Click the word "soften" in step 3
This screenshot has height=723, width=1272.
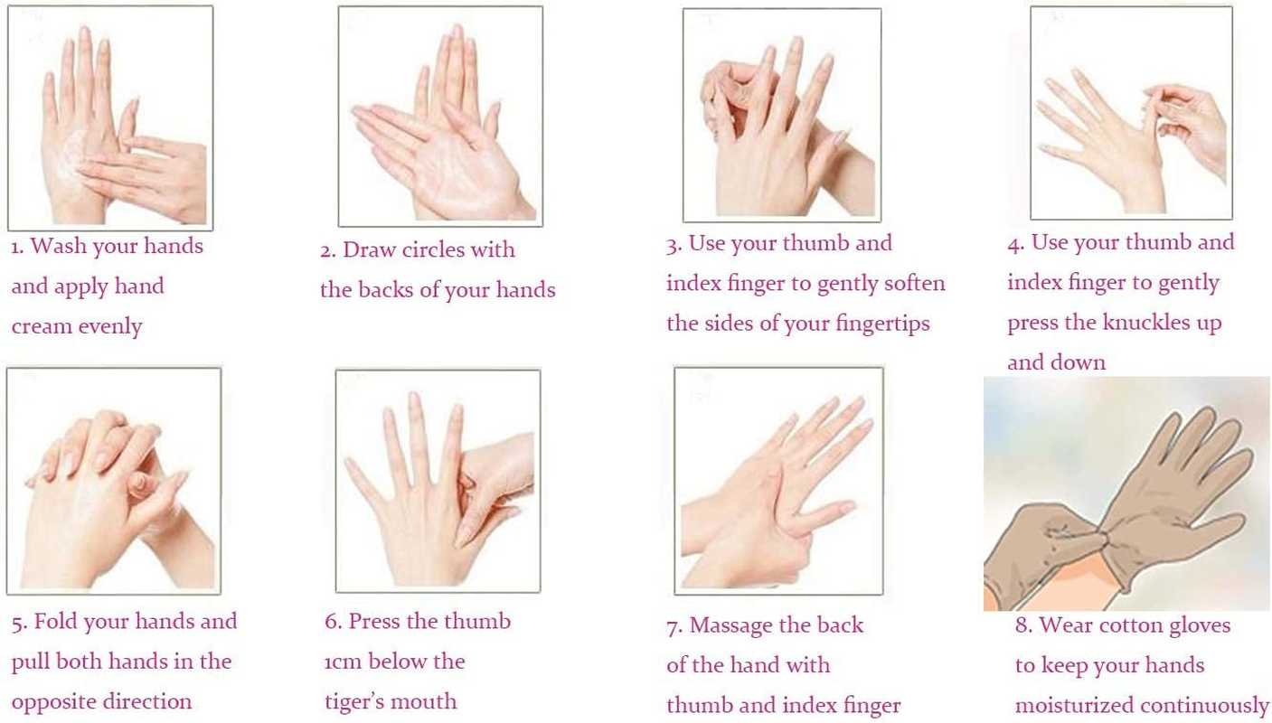coord(912,284)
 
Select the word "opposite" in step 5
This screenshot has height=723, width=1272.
coord(56,702)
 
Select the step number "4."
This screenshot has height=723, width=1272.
coord(1016,243)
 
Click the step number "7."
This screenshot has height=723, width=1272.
coord(674,625)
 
